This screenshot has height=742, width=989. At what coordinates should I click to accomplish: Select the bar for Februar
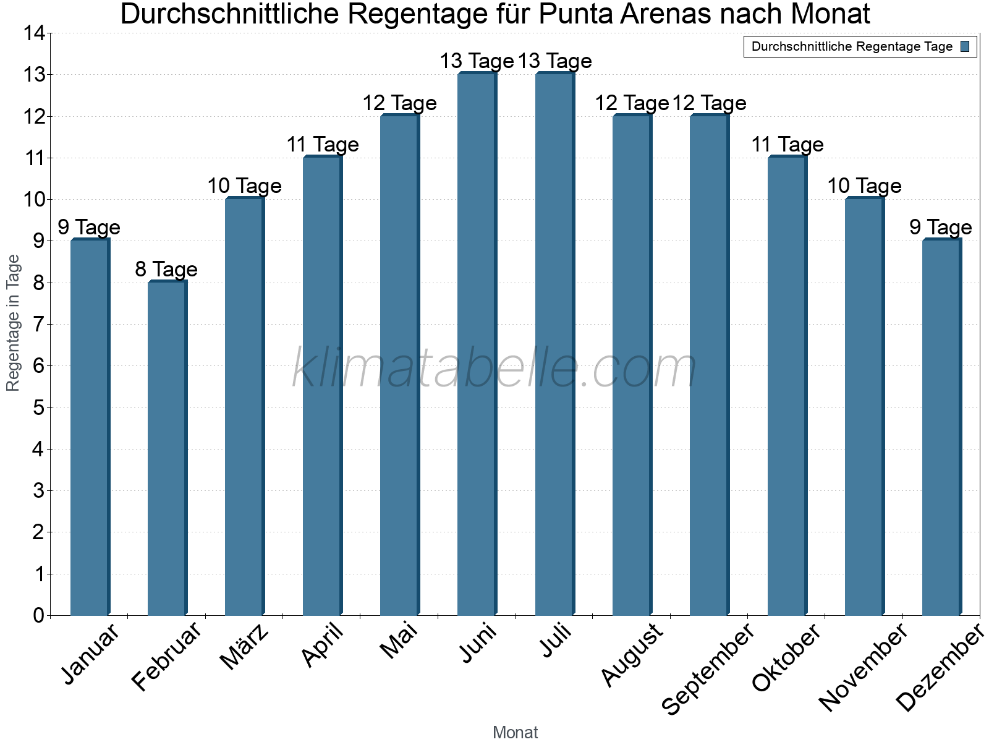click(167, 448)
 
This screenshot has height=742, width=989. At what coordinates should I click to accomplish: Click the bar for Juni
click(477, 344)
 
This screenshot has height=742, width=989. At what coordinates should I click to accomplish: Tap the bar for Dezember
click(941, 427)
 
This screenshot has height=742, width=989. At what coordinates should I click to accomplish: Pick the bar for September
click(709, 365)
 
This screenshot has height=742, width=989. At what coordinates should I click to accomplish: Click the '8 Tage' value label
click(166, 270)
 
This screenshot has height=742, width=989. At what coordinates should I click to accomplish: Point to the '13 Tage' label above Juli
click(554, 61)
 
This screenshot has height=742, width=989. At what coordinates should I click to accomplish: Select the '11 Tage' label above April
click(323, 145)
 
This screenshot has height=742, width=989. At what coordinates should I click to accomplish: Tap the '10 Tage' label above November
click(864, 186)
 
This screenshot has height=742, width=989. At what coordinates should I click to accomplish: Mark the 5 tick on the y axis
click(38, 407)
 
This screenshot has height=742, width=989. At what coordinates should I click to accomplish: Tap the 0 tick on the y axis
click(38, 615)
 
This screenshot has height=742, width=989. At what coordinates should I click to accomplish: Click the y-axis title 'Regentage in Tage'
click(13, 323)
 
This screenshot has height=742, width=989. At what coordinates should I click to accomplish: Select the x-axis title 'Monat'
click(515, 732)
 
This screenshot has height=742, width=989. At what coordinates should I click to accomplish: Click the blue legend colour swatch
click(965, 46)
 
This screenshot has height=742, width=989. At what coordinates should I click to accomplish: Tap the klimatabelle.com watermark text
click(494, 369)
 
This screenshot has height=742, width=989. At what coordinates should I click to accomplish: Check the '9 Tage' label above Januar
click(89, 228)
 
